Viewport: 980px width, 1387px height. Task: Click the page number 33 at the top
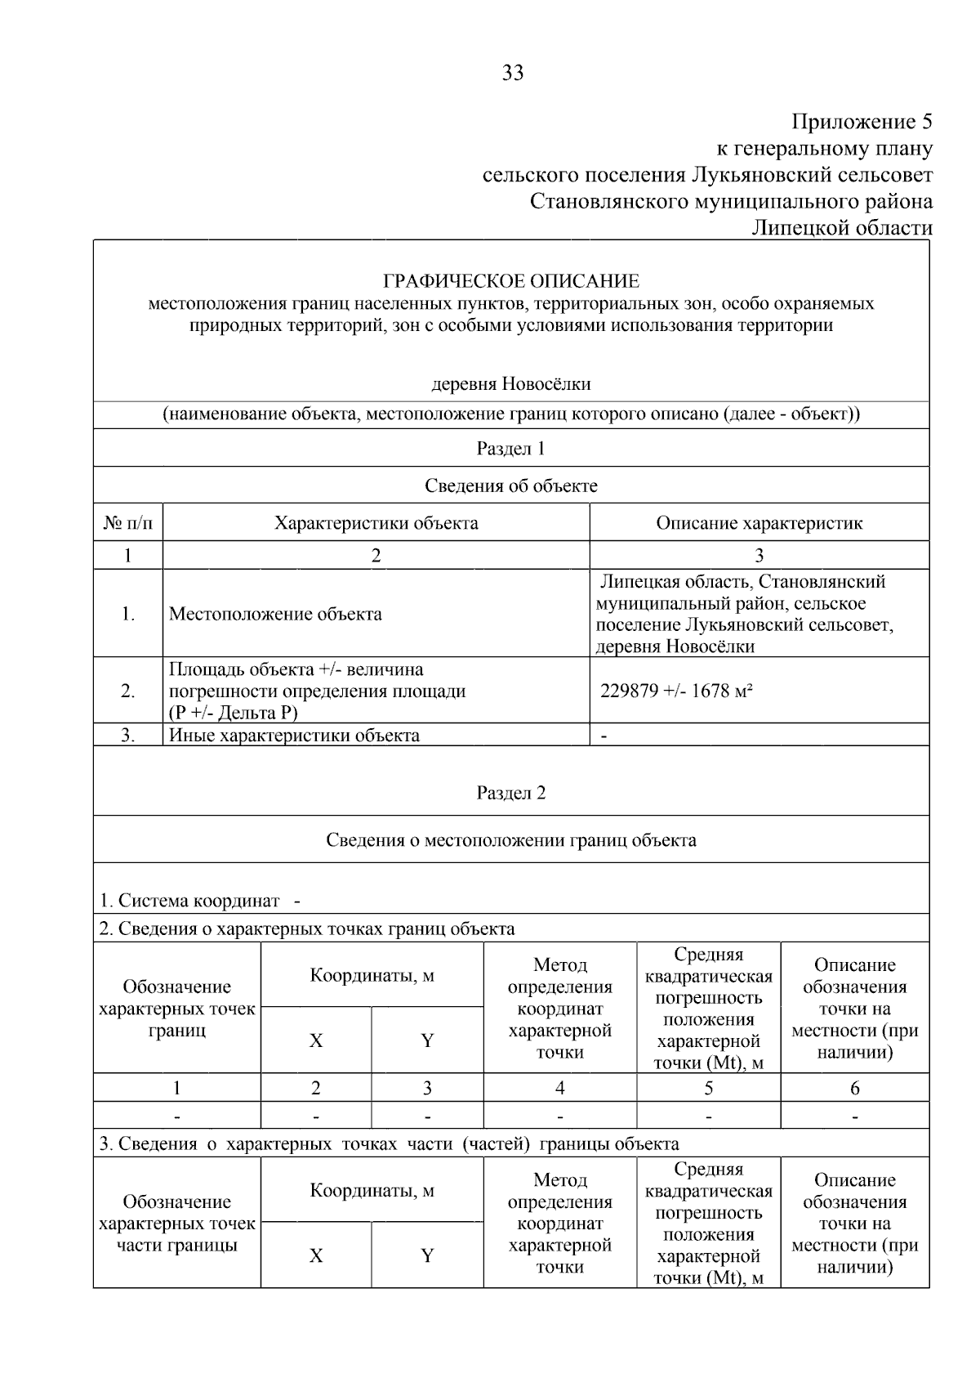pos(512,73)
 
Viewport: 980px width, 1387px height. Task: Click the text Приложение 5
pos(862,123)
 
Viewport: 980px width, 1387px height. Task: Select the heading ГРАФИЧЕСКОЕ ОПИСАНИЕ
pos(511,282)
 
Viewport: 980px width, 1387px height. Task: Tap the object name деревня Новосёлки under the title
pos(511,384)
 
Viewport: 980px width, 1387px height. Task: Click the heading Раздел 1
pos(511,449)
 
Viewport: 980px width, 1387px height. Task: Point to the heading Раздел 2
pos(511,794)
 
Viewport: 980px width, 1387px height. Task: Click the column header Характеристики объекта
pos(376,523)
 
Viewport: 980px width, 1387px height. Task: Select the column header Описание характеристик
pos(759,523)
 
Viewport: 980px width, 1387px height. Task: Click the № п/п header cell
pos(128,523)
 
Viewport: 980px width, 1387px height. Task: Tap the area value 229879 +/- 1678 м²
pos(676,691)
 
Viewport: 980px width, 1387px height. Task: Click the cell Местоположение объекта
pos(275,615)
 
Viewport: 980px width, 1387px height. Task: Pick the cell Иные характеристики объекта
pos(294,735)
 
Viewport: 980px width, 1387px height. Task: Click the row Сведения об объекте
pos(511,486)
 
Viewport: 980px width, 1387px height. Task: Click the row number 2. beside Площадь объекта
pos(128,691)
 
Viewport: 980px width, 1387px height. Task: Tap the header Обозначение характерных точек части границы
pos(177,1224)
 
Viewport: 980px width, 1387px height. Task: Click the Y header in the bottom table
pos(427,1256)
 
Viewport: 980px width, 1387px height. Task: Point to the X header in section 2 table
pos(316,1041)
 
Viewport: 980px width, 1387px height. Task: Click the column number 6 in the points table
pos(855,1089)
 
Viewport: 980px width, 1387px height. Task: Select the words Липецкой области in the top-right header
pos(841,228)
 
